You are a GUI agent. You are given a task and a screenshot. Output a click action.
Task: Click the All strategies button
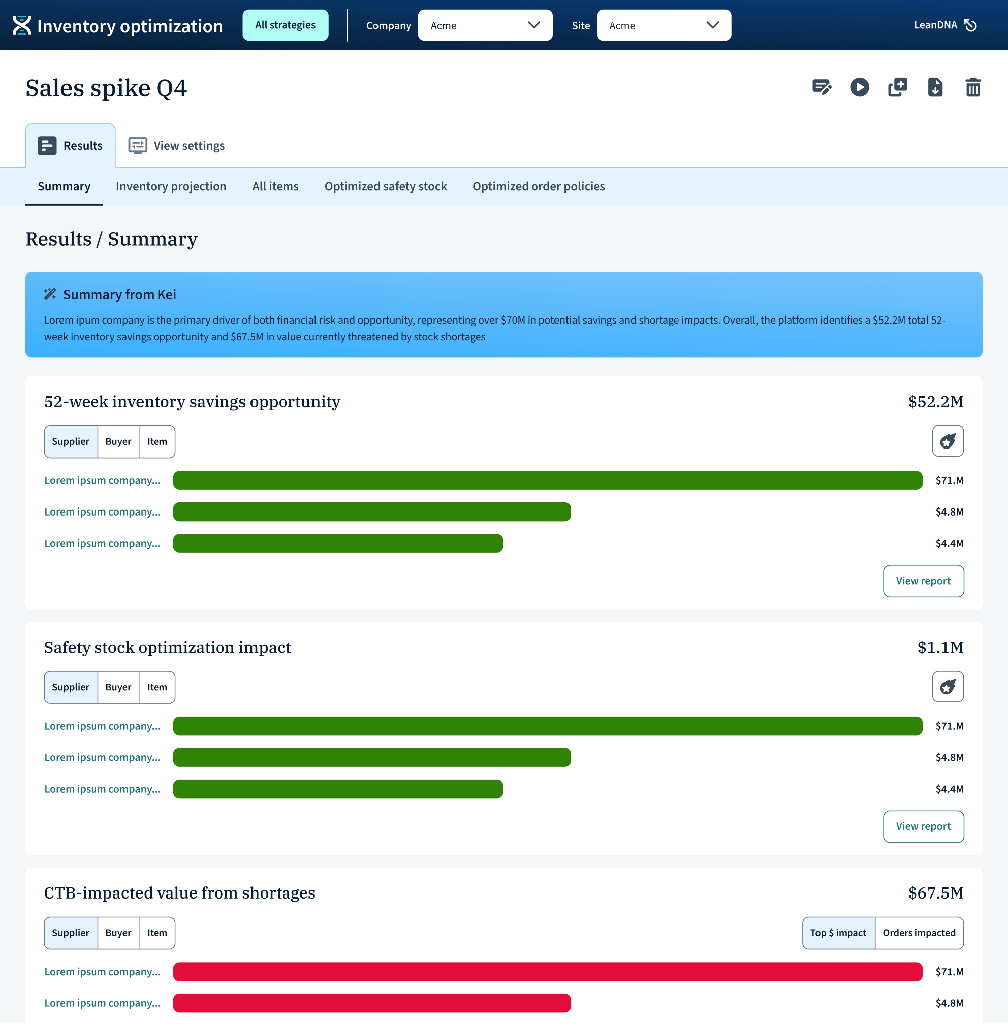285,25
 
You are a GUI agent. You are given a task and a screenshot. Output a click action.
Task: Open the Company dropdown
485,25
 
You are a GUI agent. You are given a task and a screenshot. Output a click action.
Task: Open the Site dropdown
664,25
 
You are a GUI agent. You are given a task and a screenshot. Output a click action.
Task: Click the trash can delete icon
973,87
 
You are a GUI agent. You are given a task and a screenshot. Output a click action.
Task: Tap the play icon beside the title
860,87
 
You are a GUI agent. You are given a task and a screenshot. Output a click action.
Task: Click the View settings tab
177,146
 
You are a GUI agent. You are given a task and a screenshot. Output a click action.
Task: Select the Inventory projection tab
171,186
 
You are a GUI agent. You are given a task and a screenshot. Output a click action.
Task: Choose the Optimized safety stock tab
386,186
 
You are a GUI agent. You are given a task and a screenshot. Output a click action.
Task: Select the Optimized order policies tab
538,186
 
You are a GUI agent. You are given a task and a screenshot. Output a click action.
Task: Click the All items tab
275,186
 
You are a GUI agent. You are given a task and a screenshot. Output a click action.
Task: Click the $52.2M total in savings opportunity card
935,401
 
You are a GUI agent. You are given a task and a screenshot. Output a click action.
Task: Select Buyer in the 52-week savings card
118,441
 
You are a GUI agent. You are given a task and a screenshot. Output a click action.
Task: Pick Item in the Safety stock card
157,687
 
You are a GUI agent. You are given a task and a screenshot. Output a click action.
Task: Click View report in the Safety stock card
923,826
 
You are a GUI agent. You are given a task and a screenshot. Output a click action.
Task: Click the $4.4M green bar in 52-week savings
338,543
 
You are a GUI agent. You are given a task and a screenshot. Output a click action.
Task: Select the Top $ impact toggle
839,933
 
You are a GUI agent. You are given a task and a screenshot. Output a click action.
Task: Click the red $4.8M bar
371,1003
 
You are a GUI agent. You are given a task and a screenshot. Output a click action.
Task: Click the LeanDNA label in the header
935,25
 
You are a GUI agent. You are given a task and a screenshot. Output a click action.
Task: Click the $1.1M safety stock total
940,647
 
